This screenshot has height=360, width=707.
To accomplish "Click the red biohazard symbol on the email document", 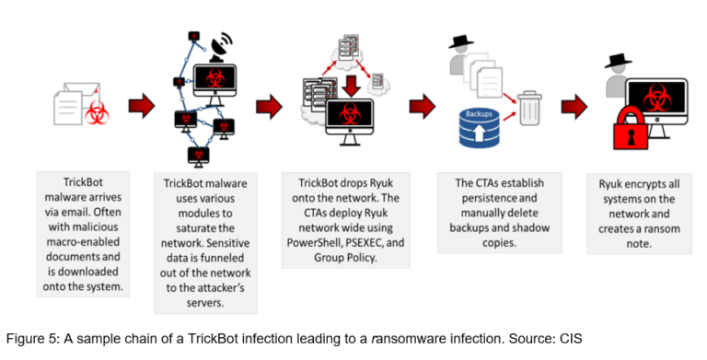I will point(96,113).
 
